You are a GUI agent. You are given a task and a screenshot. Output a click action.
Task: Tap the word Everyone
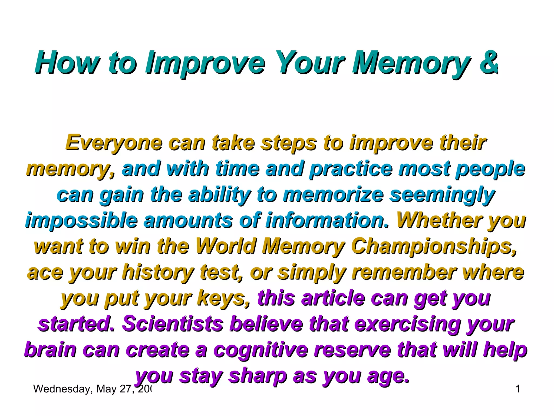click(x=113, y=143)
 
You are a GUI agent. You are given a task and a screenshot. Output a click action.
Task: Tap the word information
click(x=327, y=220)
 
